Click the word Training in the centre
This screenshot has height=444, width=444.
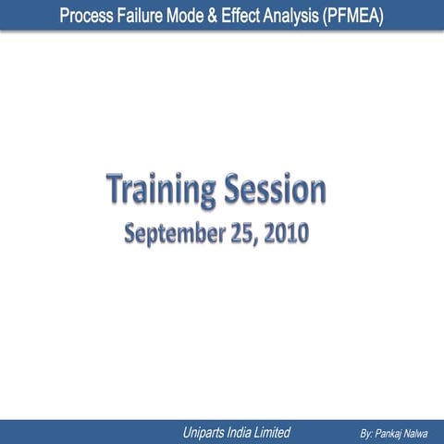[158, 191]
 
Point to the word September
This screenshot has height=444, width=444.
[176, 233]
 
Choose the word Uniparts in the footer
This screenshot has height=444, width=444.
[208, 432]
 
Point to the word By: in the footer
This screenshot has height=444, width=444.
[366, 433]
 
